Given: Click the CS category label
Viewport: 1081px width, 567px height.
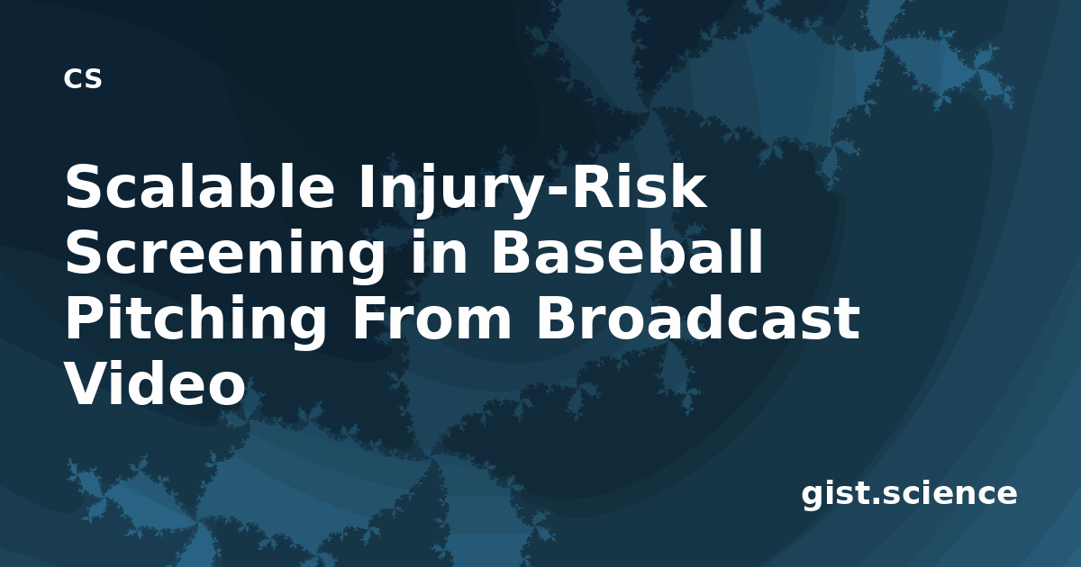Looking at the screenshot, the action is (83, 78).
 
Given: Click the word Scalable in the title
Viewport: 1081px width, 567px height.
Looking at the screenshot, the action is (200, 186).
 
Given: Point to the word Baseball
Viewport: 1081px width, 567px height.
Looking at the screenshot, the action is (627, 252).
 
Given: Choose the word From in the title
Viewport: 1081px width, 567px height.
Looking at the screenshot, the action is (431, 319).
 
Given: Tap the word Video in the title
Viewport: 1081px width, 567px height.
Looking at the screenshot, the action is (155, 384).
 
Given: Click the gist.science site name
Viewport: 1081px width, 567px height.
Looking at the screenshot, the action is (909, 495).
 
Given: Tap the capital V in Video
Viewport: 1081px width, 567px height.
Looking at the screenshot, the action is (86, 384).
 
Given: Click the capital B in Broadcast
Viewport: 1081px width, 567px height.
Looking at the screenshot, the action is (556, 319).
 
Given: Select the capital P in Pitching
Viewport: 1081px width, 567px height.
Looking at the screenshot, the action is (84, 319).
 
